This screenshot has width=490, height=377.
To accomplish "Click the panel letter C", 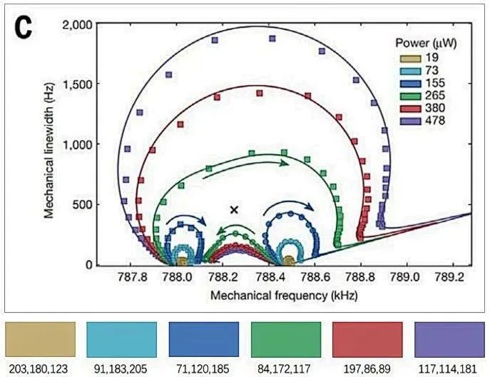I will click(24, 30).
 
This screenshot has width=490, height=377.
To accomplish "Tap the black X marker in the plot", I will click(234, 209).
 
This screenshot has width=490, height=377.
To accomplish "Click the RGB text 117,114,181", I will click(449, 369).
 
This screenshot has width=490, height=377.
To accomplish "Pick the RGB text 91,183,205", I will click(121, 369).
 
